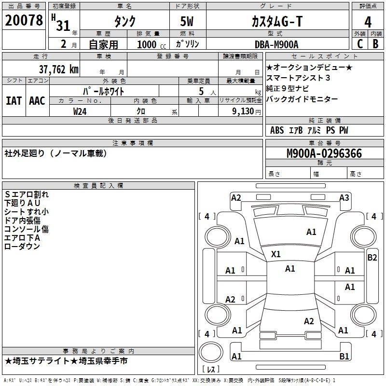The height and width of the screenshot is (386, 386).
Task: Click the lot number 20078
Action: click(x=24, y=20)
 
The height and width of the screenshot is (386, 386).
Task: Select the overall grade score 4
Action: click(x=368, y=22)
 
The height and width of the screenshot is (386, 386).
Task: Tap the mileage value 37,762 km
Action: click(x=58, y=69)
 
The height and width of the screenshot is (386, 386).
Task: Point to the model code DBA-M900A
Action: click(x=276, y=44)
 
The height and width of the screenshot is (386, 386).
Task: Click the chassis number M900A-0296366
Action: click(x=324, y=153)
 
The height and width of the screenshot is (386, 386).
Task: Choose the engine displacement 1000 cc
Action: click(x=152, y=44)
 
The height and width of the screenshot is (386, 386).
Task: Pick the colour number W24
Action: click(x=80, y=111)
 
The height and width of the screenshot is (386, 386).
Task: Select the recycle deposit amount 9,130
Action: click(x=243, y=111)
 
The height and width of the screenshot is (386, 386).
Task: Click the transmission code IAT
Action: click(x=14, y=101)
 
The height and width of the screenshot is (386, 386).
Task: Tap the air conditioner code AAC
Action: click(x=37, y=101)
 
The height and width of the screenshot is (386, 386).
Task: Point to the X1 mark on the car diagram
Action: click(x=276, y=254)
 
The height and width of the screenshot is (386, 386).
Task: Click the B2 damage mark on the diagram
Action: click(x=372, y=258)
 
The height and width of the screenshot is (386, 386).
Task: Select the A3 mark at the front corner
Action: click(x=344, y=198)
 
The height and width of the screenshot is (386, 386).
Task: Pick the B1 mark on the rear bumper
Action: click(x=344, y=356)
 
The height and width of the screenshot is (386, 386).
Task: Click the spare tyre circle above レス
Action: click(x=211, y=352)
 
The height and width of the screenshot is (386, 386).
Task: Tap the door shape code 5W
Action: click(x=187, y=21)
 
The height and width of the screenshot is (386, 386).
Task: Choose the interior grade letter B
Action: click(x=375, y=44)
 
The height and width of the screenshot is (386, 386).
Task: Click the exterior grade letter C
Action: click(x=360, y=44)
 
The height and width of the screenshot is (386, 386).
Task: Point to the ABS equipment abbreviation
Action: click(x=277, y=130)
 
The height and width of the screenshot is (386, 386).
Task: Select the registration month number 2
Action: click(x=64, y=44)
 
